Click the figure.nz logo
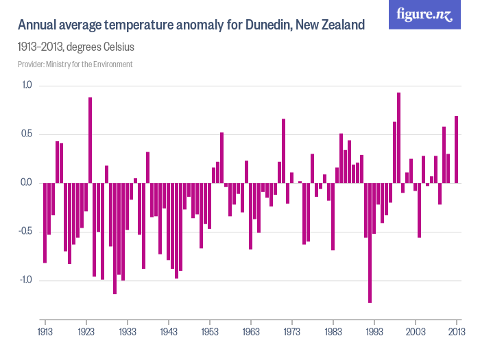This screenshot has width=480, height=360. [x=424, y=14]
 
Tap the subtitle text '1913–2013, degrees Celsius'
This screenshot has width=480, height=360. [x=75, y=48]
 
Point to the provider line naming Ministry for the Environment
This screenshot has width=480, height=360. [x=75, y=64]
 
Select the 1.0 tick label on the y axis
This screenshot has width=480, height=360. [x=27, y=85]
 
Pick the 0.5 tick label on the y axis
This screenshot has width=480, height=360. [x=27, y=134]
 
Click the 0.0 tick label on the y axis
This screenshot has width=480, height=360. [x=27, y=182]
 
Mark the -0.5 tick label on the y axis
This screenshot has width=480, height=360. [x=25, y=231]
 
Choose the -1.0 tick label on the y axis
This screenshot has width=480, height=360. [x=25, y=280]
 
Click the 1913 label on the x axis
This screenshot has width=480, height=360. [x=45, y=331]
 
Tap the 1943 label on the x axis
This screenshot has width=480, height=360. [x=169, y=331]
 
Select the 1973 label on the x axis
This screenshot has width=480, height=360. [x=292, y=331]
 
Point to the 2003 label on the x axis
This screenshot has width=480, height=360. [x=416, y=331]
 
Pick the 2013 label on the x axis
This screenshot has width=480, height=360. [x=456, y=331]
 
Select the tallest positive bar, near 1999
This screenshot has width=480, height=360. [x=398, y=138]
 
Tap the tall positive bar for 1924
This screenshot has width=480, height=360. [x=90, y=141]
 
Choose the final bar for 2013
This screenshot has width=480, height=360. [x=456, y=149]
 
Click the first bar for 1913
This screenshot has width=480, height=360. [x=45, y=223]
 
